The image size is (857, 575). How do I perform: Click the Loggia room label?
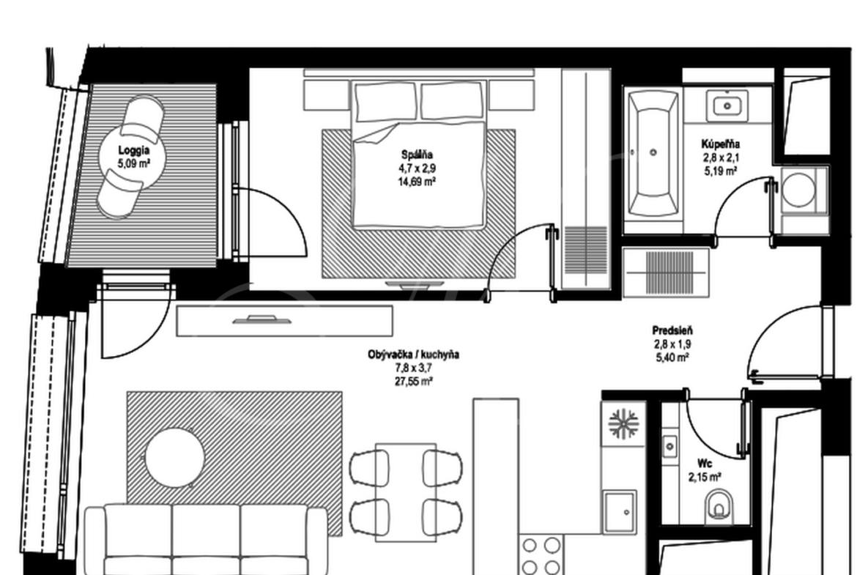(134, 150)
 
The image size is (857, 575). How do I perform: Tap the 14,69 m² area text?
(417, 182)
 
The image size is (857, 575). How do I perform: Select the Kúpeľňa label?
(720, 144)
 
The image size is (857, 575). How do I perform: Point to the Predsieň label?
(672, 330)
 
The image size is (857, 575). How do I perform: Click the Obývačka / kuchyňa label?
(413, 355)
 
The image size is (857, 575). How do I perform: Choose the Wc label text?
(705, 464)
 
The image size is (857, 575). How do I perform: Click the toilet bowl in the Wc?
(719, 505)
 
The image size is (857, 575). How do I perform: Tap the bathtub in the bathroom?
(653, 154)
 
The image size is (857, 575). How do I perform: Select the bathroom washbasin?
(727, 105)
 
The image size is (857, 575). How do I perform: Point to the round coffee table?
(174, 458)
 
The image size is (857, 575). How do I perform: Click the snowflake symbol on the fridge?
(623, 423)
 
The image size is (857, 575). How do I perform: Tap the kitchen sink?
(620, 511)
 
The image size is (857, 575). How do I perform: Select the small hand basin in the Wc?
(669, 447)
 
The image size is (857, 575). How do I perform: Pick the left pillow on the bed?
(385, 103)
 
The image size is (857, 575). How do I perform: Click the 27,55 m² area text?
(414, 381)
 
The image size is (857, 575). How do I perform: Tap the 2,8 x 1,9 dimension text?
(673, 344)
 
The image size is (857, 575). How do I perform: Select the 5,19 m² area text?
(720, 171)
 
